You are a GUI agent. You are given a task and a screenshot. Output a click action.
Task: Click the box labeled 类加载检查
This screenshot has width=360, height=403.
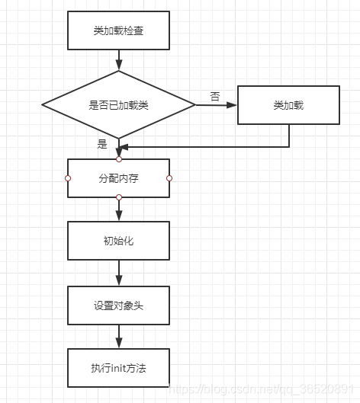pos(119,30)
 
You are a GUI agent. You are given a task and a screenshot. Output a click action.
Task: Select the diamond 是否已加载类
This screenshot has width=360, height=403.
pos(119,105)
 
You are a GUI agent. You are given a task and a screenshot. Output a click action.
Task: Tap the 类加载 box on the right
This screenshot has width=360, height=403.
pos(288,105)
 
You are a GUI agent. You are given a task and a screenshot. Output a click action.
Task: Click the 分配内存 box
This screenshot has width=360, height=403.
pos(119,178)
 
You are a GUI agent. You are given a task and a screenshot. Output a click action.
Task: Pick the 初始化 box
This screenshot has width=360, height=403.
pos(119,240)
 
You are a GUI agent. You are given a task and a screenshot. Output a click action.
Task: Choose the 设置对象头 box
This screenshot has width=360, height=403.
pos(119,305)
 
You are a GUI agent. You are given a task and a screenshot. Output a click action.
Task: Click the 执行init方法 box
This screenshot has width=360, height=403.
pos(119,369)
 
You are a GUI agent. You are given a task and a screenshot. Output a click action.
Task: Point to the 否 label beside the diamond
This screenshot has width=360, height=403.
pos(215,96)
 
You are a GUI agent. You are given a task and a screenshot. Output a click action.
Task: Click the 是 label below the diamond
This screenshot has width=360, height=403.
pos(102,143)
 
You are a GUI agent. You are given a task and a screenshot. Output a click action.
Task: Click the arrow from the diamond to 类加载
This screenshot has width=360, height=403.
pos(217,105)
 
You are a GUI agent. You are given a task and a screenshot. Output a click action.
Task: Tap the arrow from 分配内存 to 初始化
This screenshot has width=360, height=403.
pos(119,209)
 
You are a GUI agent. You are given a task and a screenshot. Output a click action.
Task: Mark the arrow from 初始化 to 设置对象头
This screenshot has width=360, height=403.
pos(119,272)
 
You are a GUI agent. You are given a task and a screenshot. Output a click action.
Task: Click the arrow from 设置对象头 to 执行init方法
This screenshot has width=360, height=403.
pos(119,337)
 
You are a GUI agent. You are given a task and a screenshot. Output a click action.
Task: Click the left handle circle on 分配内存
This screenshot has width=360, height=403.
pos(68,178)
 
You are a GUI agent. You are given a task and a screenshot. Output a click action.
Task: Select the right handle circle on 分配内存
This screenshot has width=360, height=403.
pos(169,178)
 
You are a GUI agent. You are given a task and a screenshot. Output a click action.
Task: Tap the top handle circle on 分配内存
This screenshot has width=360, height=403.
pos(119,159)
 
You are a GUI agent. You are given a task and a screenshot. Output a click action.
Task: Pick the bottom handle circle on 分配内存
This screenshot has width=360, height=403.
pos(119,197)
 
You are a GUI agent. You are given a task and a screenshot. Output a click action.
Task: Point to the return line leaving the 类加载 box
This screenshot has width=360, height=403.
pos(289,136)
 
